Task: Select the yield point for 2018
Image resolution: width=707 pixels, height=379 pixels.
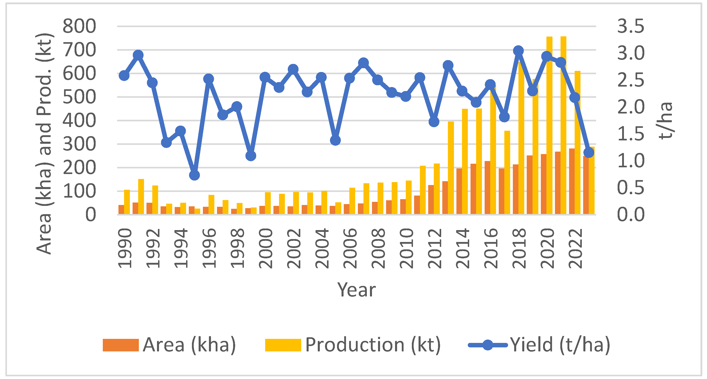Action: click(x=518, y=51)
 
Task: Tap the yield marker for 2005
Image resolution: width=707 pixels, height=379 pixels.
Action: click(x=335, y=140)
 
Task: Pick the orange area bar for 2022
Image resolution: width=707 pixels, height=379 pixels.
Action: click(x=572, y=181)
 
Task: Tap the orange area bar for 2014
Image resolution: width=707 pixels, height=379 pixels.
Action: click(x=459, y=191)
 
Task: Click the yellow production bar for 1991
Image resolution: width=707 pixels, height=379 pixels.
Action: click(x=141, y=196)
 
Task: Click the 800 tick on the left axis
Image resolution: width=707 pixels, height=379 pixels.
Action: click(x=79, y=26)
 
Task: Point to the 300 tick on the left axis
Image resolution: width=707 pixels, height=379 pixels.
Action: click(x=79, y=144)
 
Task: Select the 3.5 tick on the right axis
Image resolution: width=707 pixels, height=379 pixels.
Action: click(x=630, y=26)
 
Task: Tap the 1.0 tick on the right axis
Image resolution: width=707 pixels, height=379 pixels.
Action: click(x=630, y=161)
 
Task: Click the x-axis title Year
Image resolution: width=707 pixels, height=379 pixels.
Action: click(x=356, y=290)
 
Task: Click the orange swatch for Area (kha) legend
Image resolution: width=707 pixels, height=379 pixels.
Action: click(x=120, y=345)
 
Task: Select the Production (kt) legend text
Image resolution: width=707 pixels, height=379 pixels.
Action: click(x=373, y=345)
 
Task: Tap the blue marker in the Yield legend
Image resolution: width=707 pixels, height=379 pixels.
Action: click(x=488, y=345)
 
